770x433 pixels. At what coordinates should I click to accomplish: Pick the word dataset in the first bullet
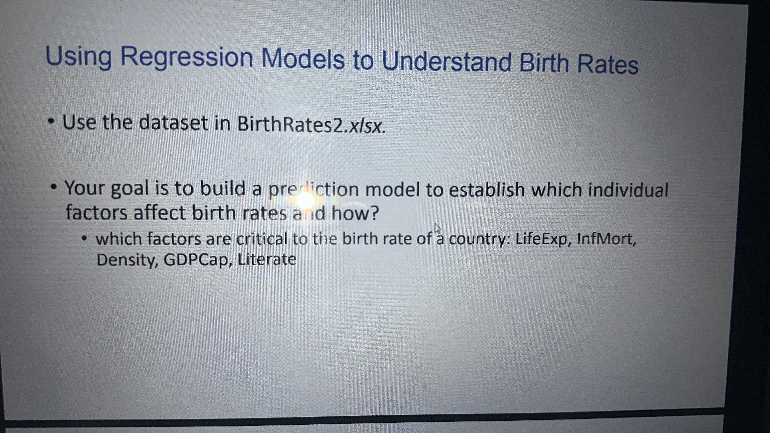click(173, 123)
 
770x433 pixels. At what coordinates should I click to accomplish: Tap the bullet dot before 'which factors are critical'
click(85, 239)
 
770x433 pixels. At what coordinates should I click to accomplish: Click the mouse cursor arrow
click(437, 229)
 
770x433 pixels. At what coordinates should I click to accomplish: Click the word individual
click(628, 190)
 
